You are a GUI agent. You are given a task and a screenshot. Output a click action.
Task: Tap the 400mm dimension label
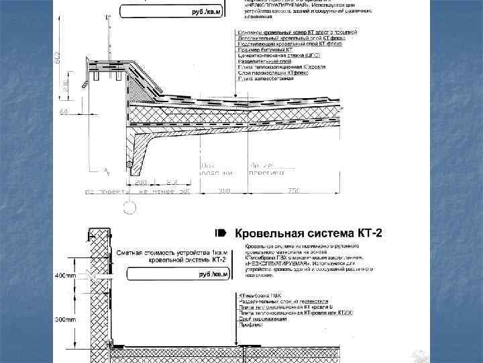(x=66, y=276)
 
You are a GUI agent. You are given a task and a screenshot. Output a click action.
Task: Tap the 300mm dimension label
(x=66, y=320)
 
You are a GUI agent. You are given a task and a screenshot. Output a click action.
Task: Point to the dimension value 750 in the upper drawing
(x=293, y=192)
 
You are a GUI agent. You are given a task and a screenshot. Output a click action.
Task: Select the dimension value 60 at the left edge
(x=64, y=112)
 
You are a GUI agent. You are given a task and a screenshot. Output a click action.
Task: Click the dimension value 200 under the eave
(x=141, y=182)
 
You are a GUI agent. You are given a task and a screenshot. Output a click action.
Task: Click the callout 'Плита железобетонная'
(x=266, y=78)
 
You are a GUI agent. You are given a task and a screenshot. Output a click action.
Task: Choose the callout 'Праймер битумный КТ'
(x=265, y=49)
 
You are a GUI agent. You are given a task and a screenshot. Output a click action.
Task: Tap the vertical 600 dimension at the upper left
(x=57, y=59)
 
